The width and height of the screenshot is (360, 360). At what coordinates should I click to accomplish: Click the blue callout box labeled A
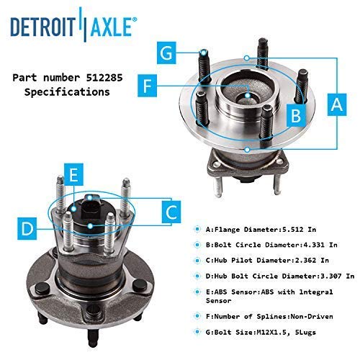337,104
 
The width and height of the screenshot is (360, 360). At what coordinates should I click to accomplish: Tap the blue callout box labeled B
296,115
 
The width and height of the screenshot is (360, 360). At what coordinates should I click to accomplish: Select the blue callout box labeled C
171,212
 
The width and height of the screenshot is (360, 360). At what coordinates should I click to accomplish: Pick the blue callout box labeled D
27,228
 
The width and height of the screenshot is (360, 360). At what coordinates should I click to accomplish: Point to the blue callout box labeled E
74,174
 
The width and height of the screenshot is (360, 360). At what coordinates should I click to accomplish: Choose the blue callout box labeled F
147,86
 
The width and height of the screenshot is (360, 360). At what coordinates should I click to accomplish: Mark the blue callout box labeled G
166,53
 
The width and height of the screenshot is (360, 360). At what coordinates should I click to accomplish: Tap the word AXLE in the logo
111,27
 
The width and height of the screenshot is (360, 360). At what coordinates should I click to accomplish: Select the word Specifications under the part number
67,92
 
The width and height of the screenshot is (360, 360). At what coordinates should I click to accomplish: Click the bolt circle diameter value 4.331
313,245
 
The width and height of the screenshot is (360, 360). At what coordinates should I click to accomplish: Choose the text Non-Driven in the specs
312,316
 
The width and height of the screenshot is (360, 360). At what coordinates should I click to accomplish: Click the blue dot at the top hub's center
248,95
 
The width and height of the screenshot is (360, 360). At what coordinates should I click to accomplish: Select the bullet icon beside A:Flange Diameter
197,230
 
